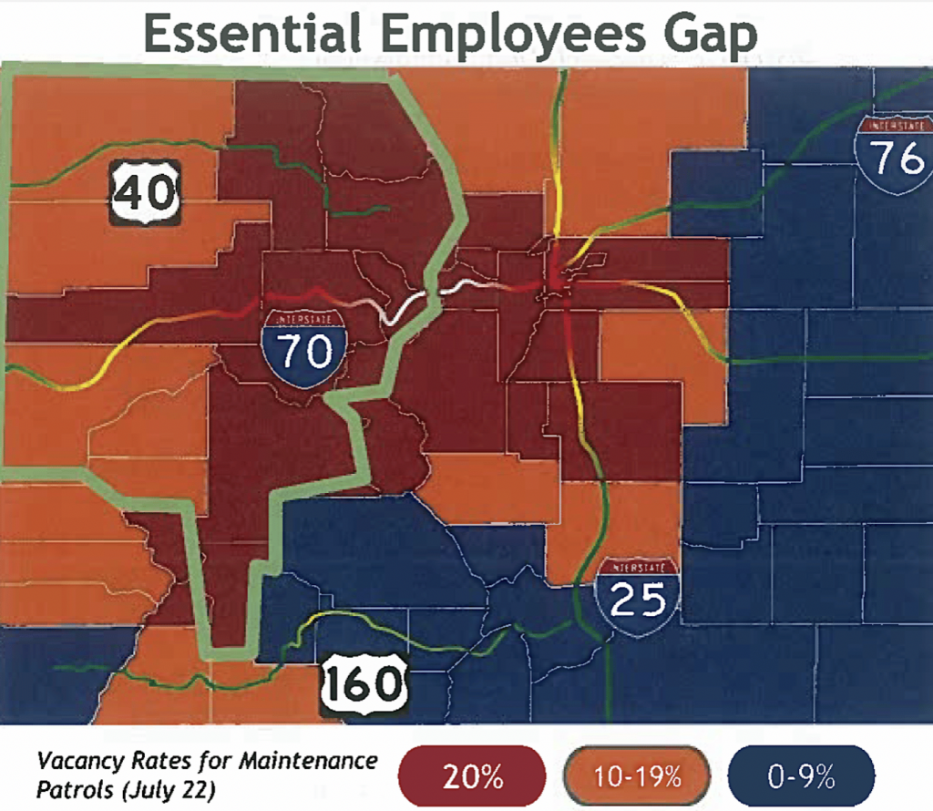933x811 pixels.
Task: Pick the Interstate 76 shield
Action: [x=897, y=155]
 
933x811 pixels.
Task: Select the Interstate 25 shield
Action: [x=638, y=595]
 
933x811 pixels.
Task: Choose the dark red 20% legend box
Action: [x=473, y=777]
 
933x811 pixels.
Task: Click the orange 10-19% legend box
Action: [x=637, y=777]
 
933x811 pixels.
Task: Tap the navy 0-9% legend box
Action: [x=802, y=777]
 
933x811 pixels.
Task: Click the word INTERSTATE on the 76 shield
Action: [x=897, y=125]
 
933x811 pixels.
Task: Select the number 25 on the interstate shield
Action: [x=638, y=601]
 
